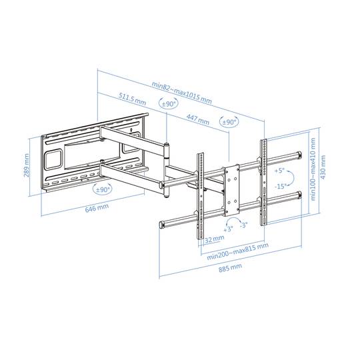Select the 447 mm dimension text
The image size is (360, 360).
pos(194,118)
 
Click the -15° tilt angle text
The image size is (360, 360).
pos(280,187)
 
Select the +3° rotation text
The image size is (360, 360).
pos(228,228)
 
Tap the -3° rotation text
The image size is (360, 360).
pos(243,225)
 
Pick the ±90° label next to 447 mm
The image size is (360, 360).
pos(229,122)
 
